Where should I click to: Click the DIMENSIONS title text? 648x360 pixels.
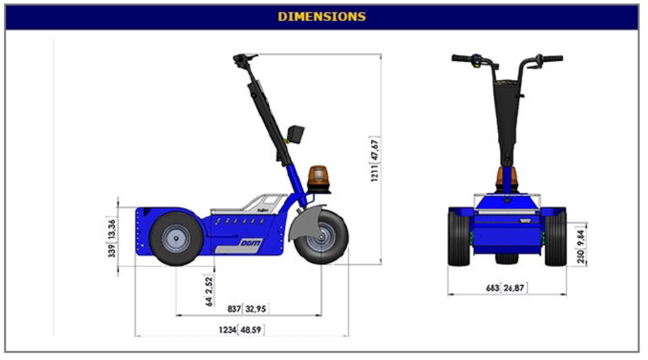(322, 16)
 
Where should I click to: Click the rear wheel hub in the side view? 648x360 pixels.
(176, 239)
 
